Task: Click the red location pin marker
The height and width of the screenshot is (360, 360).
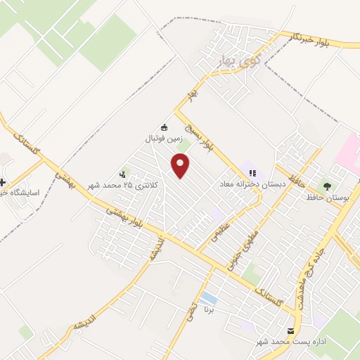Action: [181, 166]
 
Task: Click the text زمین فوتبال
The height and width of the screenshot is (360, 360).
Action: [163, 139]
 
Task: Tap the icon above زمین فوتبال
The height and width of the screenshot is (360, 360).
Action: [165, 127]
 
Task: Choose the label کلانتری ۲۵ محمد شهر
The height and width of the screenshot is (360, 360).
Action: [124, 184]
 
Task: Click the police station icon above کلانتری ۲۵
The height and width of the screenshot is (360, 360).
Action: [124, 173]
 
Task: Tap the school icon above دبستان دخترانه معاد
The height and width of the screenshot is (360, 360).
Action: [253, 173]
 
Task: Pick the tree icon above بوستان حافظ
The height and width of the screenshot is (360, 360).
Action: [326, 186]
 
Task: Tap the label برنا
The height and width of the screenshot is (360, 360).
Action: [208, 309]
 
